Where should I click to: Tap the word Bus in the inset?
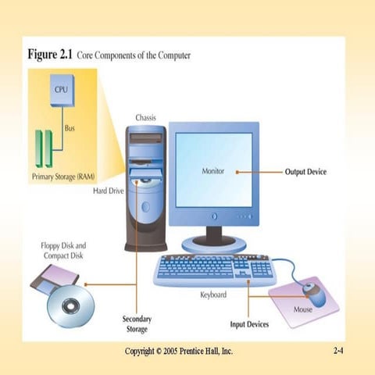(70, 128)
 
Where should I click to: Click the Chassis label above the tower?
(146, 117)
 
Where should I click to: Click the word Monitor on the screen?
(213, 171)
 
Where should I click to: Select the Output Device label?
(305, 172)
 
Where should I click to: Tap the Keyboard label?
(213, 295)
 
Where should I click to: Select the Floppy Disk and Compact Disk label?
(63, 250)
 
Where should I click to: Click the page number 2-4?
(338, 352)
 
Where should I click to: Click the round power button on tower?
(145, 207)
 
